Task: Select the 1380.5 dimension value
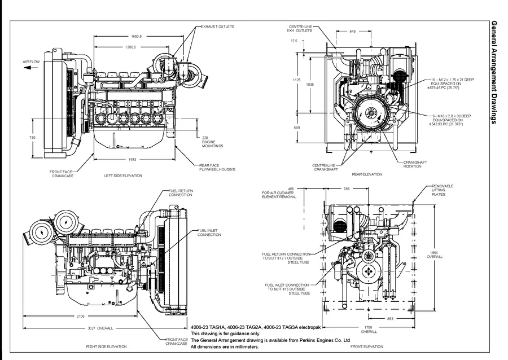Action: (130, 47)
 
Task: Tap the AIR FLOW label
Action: (30, 61)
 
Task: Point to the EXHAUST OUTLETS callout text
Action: (217, 27)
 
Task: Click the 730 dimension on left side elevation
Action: (33, 138)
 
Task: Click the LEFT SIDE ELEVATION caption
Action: (123, 175)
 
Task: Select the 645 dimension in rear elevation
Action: (353, 32)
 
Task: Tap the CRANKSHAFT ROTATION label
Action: (415, 164)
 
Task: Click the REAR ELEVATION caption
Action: (367, 174)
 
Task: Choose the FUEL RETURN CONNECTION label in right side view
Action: (181, 193)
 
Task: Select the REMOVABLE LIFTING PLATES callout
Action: (443, 190)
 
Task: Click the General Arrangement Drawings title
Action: (494, 73)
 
